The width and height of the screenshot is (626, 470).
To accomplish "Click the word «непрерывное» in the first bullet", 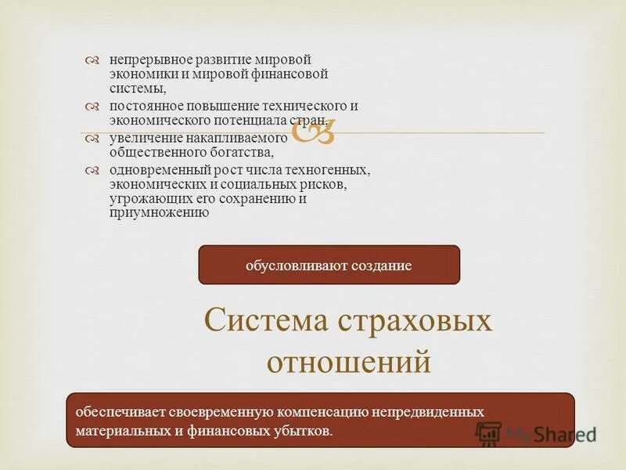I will (144, 60).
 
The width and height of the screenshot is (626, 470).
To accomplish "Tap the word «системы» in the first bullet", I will (133, 89).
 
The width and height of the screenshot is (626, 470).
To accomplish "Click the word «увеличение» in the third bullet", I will (141, 138).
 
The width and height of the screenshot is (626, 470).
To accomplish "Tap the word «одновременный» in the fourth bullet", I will (154, 170).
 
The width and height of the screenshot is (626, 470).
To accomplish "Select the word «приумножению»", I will (160, 212).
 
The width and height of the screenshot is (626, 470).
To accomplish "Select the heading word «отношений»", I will (349, 362).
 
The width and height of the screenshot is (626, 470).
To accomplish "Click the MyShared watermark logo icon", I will (489, 433).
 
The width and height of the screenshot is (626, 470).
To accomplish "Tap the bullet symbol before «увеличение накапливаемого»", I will (92, 139).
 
